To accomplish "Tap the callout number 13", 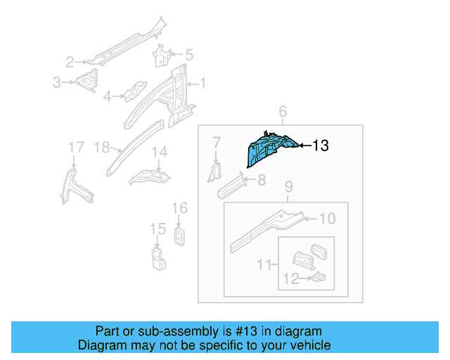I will click(x=320, y=146).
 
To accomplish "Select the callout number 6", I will click(x=283, y=112).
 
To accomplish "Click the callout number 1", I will click(x=202, y=84).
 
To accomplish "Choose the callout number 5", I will click(x=188, y=54).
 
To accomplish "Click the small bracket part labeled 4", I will click(x=134, y=91).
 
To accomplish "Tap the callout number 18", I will click(x=101, y=147).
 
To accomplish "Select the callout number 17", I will click(x=75, y=147).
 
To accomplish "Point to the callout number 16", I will click(x=179, y=208).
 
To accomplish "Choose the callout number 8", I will click(x=261, y=181).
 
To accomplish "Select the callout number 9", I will click(x=288, y=187).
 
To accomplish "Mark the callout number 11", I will click(x=264, y=264).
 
